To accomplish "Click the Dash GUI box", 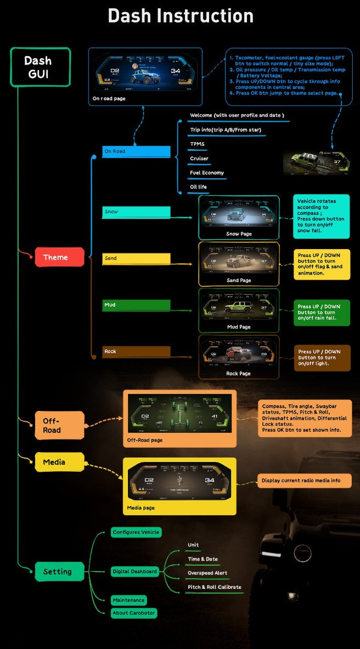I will point(40,67).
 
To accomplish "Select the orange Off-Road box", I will point(59,425).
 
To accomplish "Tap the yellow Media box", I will point(59,462).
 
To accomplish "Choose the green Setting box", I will point(59,572).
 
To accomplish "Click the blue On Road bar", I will point(137,151).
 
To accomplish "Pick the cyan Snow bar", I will point(137,212).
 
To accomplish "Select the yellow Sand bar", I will point(137,258).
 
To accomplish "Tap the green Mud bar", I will point(137,305).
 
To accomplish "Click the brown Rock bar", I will point(137,352).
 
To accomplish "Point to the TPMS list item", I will point(197,144).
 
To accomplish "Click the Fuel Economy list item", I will point(207,173).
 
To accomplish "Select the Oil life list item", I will point(199,187).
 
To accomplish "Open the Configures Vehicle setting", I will point(136,532).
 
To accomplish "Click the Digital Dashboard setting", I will point(135,572).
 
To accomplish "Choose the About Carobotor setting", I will point(134,613).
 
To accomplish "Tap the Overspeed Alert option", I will point(207,573).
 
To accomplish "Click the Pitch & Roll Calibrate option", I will point(215,587).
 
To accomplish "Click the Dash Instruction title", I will point(181,15).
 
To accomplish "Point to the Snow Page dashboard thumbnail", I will point(238,214).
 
